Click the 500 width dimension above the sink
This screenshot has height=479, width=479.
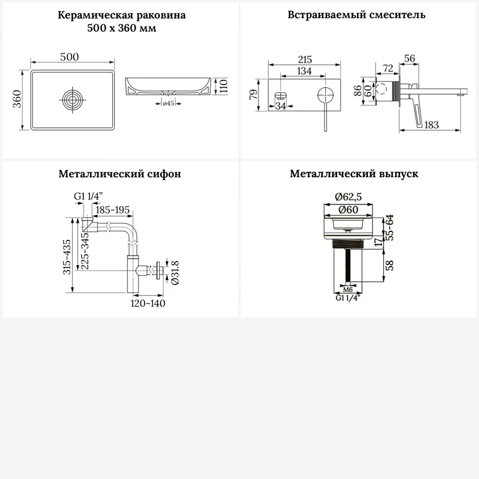coord(70,57)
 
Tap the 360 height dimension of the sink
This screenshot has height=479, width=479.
coord(16,100)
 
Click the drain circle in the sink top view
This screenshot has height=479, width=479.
coord(73,100)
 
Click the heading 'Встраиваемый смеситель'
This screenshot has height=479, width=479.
coord(356,14)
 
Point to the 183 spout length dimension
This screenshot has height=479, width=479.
coord(432,125)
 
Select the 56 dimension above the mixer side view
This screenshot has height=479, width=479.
coord(409,58)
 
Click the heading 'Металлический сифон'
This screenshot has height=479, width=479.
coord(120,174)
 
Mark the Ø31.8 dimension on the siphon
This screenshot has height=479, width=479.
coord(175,273)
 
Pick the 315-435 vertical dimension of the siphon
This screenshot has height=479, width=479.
coord(68,256)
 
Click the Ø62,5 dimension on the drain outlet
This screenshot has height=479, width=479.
coord(348,196)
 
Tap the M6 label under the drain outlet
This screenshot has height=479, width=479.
coord(348,290)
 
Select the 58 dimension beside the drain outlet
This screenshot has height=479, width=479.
coord(391,265)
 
